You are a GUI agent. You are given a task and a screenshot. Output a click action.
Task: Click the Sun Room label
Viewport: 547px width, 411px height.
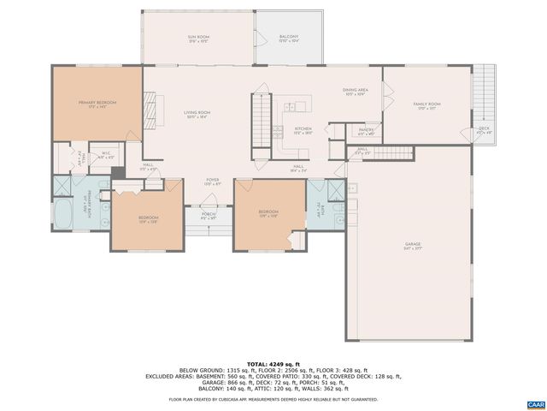point(197,39)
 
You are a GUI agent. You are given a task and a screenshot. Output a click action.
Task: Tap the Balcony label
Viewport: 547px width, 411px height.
point(288,39)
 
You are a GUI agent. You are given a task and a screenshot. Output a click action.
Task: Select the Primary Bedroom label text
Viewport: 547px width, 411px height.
point(97,104)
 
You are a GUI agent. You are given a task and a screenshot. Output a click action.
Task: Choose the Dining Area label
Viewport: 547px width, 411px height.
point(355,91)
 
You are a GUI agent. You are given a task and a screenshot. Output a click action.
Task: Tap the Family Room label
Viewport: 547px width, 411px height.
point(426,105)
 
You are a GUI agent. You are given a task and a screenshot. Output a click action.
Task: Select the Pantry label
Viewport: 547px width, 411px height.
point(366,131)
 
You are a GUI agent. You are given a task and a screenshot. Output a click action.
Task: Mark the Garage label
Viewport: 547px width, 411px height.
point(413,246)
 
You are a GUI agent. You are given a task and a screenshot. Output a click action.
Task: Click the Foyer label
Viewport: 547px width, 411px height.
point(212,182)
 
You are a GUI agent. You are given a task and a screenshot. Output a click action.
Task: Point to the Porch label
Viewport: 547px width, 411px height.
point(209,215)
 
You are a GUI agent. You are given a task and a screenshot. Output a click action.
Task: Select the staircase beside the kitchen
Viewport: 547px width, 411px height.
point(260,122)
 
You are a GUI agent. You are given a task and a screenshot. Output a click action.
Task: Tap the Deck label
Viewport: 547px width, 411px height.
point(484,130)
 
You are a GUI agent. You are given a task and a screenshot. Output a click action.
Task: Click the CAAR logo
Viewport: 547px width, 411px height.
point(535,403)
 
